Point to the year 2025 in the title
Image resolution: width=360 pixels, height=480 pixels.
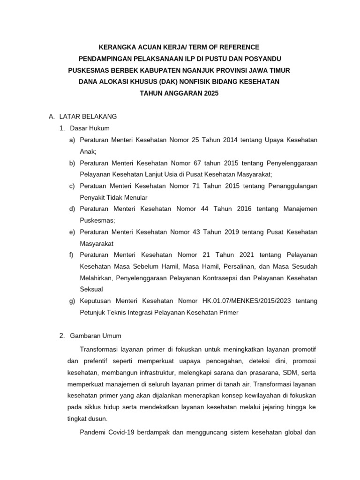(210, 93)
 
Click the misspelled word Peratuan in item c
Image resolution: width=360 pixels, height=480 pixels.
(93, 186)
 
